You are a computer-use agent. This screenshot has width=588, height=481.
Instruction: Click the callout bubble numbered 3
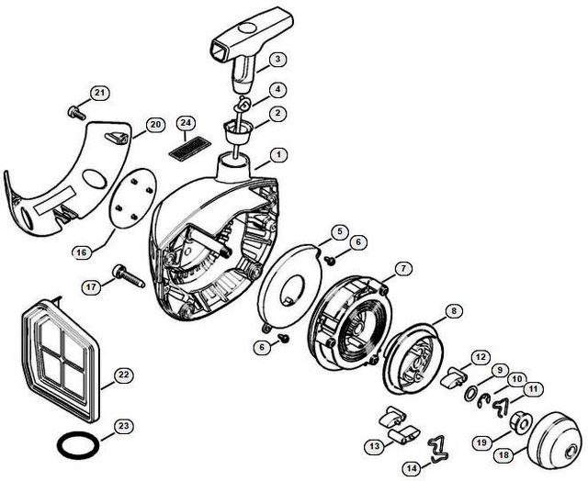(x=277, y=59)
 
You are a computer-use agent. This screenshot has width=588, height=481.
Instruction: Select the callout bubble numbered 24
(x=186, y=122)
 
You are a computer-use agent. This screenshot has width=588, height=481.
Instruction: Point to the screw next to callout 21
(x=76, y=112)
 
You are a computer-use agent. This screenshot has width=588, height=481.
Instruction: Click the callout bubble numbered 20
(x=155, y=125)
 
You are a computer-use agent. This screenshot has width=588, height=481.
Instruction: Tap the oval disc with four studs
(x=132, y=197)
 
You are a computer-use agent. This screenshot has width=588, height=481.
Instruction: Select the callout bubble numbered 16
(x=82, y=252)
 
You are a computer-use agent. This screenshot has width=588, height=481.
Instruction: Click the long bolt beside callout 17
(x=129, y=276)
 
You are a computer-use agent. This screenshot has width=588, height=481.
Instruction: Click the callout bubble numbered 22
(x=124, y=375)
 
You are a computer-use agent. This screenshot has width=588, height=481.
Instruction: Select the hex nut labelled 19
(x=518, y=423)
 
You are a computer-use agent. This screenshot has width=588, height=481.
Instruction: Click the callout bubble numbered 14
(x=412, y=468)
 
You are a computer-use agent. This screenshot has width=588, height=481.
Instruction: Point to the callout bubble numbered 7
(x=403, y=268)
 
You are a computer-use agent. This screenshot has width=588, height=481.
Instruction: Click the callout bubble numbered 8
(x=453, y=311)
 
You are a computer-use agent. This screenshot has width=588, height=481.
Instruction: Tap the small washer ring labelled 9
(x=471, y=394)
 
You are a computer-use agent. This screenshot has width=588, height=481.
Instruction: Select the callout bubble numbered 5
(x=340, y=231)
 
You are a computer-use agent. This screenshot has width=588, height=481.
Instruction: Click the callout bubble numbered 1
(x=278, y=154)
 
